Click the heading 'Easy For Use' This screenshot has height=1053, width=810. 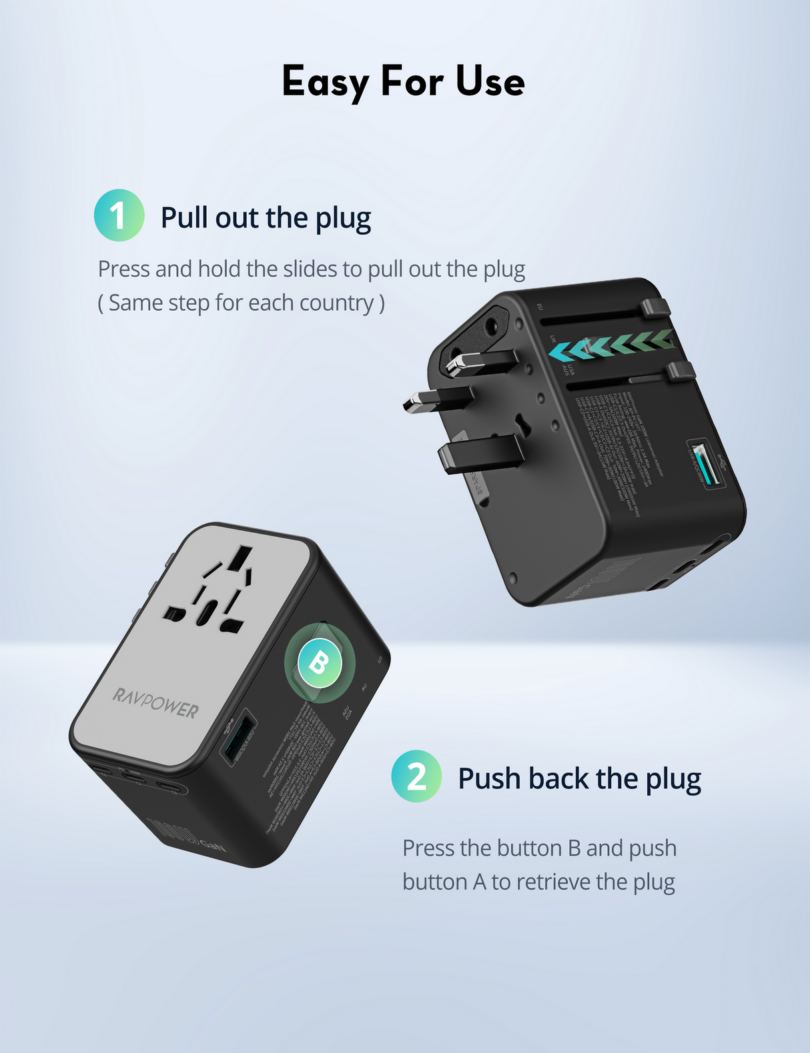[x=404, y=81]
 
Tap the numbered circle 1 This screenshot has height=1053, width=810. [x=119, y=215]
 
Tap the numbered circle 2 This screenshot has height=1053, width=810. [x=416, y=776]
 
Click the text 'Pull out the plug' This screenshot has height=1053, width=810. [x=266, y=218]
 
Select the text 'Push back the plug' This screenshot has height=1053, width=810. [x=579, y=778]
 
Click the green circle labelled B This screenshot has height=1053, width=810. [x=320, y=663]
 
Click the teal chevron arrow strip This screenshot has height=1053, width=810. [x=611, y=345]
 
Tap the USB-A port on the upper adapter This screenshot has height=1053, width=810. [x=705, y=463]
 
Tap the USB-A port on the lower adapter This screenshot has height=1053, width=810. [x=239, y=737]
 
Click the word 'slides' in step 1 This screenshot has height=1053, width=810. [x=310, y=269]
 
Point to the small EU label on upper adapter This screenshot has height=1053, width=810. [x=540, y=307]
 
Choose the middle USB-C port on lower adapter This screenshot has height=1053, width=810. [x=136, y=776]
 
